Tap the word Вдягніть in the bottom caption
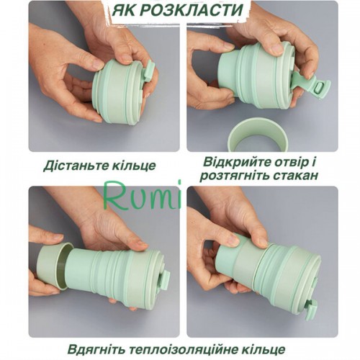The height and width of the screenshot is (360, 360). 96,349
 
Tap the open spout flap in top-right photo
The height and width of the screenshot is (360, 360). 312,86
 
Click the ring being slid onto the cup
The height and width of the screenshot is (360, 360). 55,266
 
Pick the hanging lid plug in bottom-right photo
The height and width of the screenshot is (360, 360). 312,309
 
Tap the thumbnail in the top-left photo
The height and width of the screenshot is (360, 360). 96,64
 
